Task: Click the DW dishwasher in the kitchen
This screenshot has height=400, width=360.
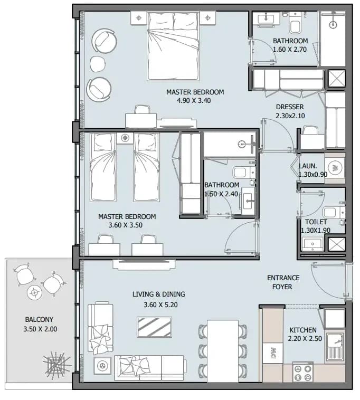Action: (273, 353)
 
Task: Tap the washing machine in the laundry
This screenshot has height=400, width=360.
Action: (335, 168)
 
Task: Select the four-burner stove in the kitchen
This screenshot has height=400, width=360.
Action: (303, 372)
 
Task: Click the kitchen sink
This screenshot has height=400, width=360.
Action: (335, 348)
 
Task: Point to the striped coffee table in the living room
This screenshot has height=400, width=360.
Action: (154, 327)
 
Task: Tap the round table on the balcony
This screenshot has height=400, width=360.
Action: (34, 292)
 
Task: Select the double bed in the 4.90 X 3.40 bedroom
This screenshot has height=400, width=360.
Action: (173, 46)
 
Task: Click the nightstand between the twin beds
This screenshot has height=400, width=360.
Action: (125, 138)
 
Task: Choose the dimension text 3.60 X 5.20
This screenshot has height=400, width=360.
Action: (160, 304)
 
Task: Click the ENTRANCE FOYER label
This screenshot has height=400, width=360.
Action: (283, 282)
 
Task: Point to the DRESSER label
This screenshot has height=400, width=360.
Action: (290, 107)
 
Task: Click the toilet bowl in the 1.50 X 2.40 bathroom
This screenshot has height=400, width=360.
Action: (242, 173)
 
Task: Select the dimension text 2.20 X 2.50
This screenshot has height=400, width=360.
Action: (305, 338)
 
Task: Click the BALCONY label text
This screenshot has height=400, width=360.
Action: (39, 319)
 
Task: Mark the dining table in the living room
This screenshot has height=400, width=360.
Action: (223, 351)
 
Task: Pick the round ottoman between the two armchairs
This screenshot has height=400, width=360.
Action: (98, 64)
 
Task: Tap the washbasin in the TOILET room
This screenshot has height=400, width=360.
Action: (312, 244)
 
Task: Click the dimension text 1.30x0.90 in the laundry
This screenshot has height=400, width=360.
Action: (313, 175)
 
